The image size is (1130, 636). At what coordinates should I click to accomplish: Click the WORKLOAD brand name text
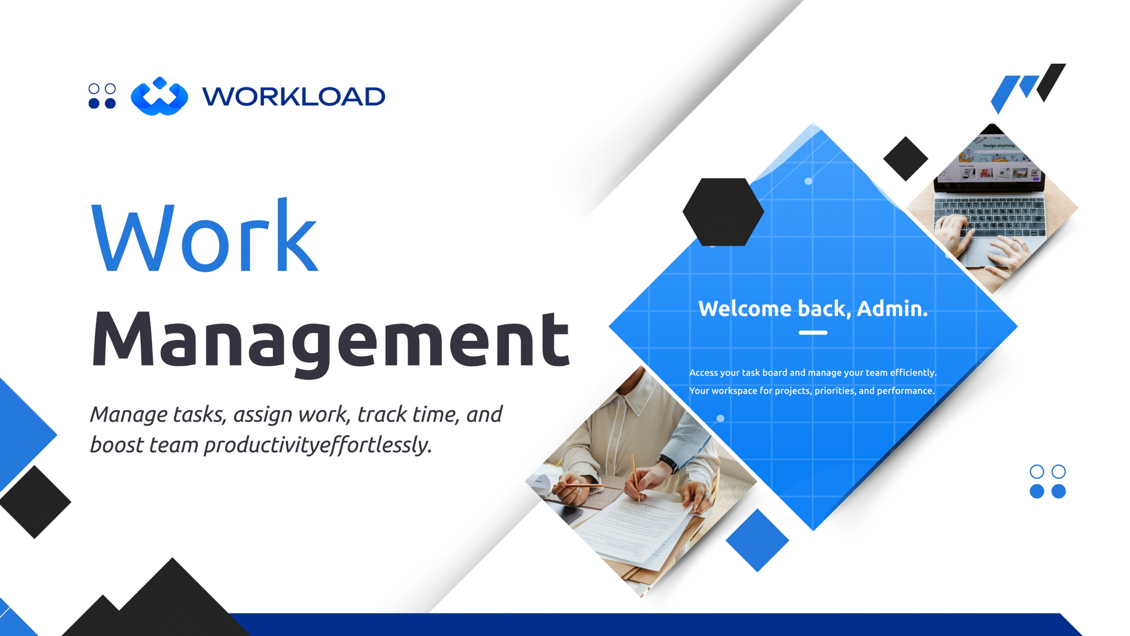(294, 96)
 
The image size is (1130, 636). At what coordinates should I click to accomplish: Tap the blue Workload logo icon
(159, 96)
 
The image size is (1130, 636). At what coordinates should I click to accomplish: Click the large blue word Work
(204, 235)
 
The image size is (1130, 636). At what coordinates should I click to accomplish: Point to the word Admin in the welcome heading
(892, 308)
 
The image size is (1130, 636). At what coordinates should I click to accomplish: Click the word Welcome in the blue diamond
(745, 308)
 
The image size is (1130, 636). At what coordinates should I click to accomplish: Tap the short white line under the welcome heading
(813, 333)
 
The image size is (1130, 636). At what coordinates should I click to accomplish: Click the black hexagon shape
(723, 212)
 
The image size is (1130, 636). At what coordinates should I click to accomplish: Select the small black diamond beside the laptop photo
(905, 159)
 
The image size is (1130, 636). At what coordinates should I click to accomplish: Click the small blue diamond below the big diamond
(757, 540)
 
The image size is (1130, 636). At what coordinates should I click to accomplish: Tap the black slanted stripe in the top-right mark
(1051, 83)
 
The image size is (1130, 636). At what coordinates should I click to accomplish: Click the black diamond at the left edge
(35, 502)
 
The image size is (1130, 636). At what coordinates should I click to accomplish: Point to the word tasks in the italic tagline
(200, 414)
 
